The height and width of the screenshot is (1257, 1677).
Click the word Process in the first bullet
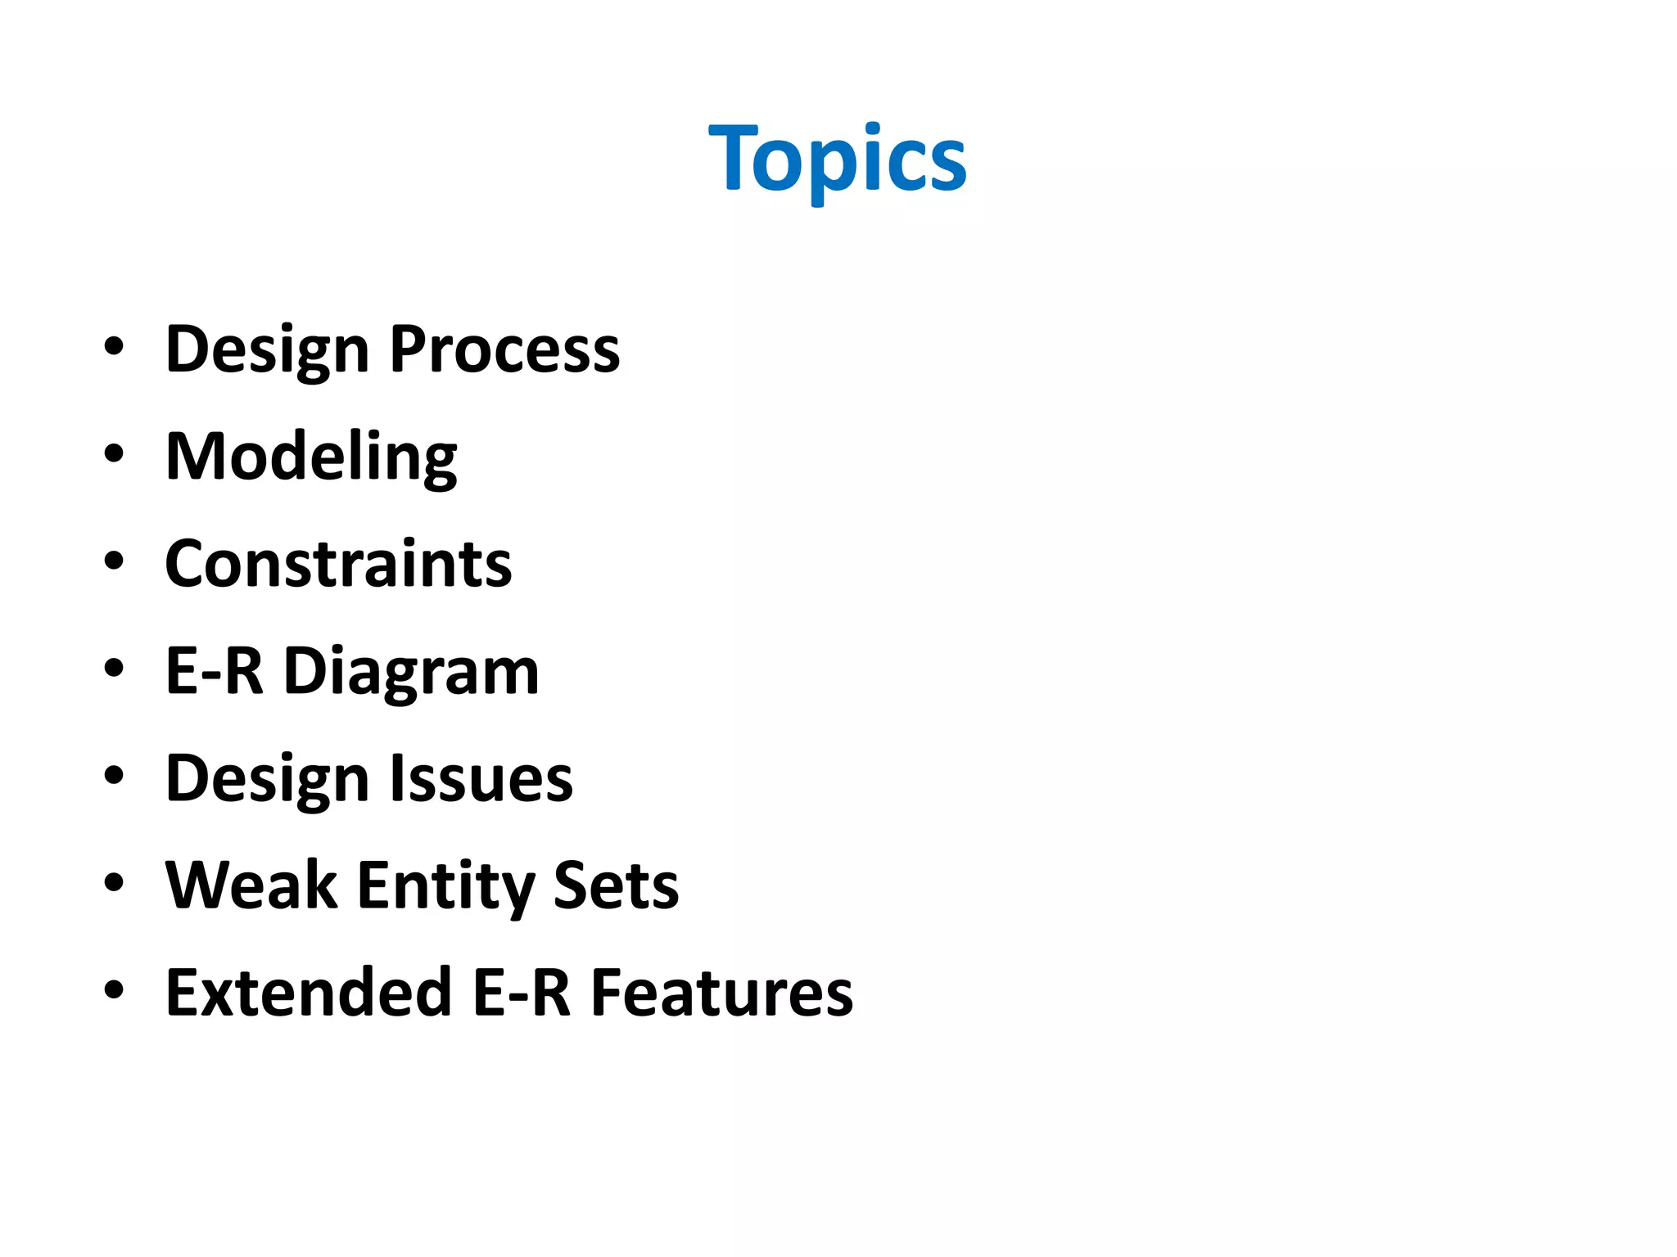[x=504, y=349]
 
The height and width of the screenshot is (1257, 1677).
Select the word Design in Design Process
[x=267, y=349]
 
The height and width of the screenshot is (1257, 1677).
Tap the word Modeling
[x=311, y=457]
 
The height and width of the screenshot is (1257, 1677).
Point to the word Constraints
[x=338, y=564]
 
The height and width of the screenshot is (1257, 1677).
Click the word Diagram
[x=411, y=672]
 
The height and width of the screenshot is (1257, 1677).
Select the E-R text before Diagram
[x=214, y=671]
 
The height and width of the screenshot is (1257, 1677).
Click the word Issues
[x=481, y=778]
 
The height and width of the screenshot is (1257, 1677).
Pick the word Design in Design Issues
[x=267, y=778]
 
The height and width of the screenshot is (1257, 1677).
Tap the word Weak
[x=251, y=885]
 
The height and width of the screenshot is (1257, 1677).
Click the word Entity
[x=445, y=885]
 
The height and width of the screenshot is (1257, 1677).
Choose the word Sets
[x=616, y=885]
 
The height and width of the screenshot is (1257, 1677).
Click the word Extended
[x=309, y=993]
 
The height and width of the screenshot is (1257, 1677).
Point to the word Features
[x=721, y=993]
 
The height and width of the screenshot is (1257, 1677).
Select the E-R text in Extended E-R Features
[x=521, y=993]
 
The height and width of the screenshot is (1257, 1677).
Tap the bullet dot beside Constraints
[x=114, y=561]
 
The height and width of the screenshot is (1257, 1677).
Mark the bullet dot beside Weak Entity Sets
[x=114, y=882]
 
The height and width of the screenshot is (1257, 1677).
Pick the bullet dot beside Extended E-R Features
[x=114, y=989]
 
